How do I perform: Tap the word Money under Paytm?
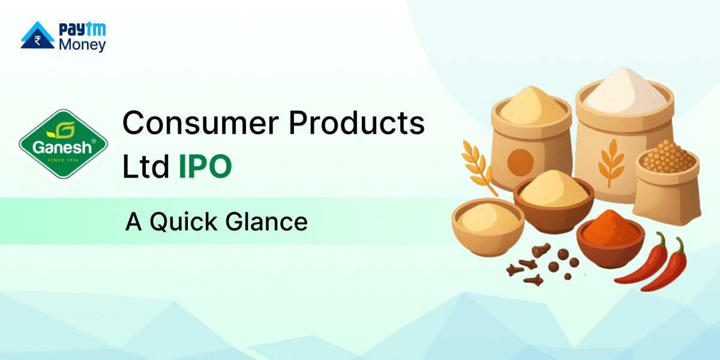(x=82, y=45)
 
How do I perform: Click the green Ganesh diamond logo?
(x=64, y=144)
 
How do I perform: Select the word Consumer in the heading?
(x=201, y=123)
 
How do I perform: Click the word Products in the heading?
(x=357, y=123)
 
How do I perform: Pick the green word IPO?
(x=205, y=166)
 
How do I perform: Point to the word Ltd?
(x=146, y=166)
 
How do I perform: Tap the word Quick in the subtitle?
(x=184, y=222)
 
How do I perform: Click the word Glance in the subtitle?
(x=266, y=221)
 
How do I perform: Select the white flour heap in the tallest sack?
(x=625, y=93)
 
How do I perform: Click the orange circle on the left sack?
(x=520, y=163)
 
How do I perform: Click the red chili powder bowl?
(x=610, y=239)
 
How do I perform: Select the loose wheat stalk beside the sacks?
(x=479, y=168)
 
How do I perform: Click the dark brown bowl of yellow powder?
(x=553, y=200)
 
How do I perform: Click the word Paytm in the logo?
(x=82, y=29)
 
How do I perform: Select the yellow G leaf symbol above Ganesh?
(x=62, y=130)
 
